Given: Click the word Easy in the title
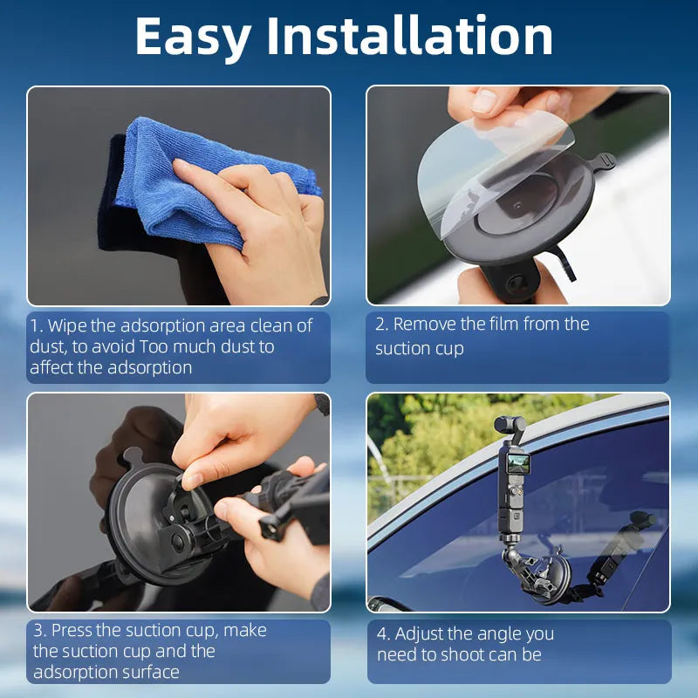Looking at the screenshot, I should point(194,37).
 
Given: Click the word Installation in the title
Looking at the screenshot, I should point(410,37).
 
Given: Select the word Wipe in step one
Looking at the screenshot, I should point(68,325).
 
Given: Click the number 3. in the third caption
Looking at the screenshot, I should point(39,630).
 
